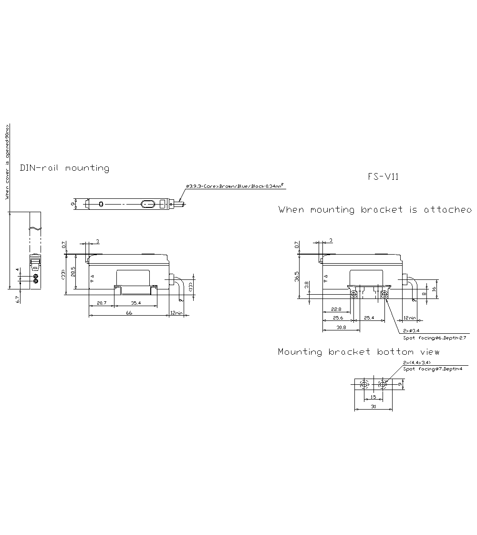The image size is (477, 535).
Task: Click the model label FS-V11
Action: (383, 176)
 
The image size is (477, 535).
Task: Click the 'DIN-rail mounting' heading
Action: (64, 168)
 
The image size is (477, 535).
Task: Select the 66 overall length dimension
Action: (129, 313)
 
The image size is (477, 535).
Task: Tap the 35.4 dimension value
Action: (135, 303)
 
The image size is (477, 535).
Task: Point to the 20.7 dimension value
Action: (101, 303)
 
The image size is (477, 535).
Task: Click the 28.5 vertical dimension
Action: (73, 272)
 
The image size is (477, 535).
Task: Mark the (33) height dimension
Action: (63, 275)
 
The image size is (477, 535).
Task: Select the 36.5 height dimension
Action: (296, 276)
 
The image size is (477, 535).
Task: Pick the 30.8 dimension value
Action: (341, 328)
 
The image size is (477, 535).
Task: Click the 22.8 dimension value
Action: (336, 309)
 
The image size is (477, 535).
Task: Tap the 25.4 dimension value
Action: (369, 318)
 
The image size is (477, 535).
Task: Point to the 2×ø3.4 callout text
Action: (411, 330)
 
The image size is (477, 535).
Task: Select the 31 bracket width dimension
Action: (373, 407)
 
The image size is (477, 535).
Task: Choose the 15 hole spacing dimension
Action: (373, 397)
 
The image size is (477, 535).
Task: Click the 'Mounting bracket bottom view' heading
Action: (359, 352)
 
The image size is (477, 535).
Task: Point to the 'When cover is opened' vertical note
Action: (7, 162)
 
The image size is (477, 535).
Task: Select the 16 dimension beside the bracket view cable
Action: (434, 289)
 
